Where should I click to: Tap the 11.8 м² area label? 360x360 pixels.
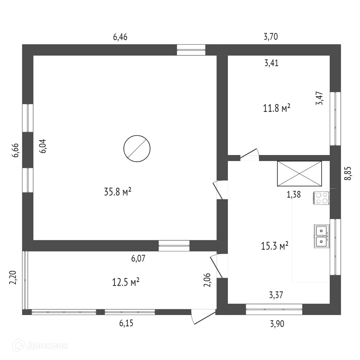click(x=277, y=108)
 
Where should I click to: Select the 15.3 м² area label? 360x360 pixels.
click(x=275, y=246)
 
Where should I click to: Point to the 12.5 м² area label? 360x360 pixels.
click(x=126, y=282)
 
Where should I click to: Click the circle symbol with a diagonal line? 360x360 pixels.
click(x=137, y=149)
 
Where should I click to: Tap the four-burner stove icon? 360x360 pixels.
click(x=321, y=198)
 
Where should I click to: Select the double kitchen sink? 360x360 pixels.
click(x=321, y=236)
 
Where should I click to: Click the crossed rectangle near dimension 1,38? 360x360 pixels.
click(x=299, y=174)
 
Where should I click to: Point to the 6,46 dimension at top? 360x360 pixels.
click(x=120, y=37)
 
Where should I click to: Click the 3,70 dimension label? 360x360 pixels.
click(x=271, y=37)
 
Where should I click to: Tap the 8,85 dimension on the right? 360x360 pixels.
click(x=348, y=173)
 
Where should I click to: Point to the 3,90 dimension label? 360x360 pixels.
click(x=277, y=323)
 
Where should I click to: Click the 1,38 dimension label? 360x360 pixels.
click(x=294, y=195)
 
